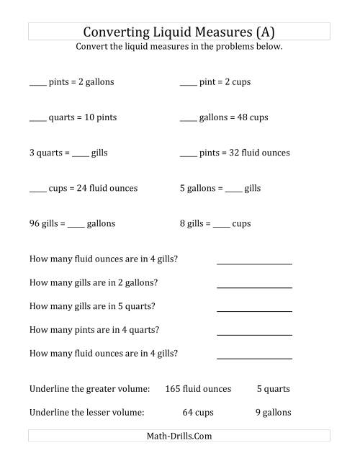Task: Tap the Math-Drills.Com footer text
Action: pyautogui.click(x=179, y=436)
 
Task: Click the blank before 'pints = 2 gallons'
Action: pyautogui.click(x=37, y=84)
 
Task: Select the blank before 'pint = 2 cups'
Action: pyautogui.click(x=187, y=84)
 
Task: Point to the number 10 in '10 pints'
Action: pyautogui.click(x=88, y=117)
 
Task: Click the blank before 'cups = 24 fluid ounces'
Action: pyautogui.click(x=37, y=190)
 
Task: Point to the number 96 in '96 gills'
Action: pyautogui.click(x=35, y=223)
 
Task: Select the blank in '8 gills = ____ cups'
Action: pyautogui.click(x=221, y=225)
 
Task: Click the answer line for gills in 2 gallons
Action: pyautogui.click(x=254, y=287)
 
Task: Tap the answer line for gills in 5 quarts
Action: pyautogui.click(x=254, y=310)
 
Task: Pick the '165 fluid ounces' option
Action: pyautogui.click(x=198, y=389)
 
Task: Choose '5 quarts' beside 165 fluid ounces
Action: pyautogui.click(x=273, y=389)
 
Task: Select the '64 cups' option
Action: pyautogui.click(x=197, y=413)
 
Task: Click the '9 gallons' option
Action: pyautogui.click(x=273, y=413)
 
